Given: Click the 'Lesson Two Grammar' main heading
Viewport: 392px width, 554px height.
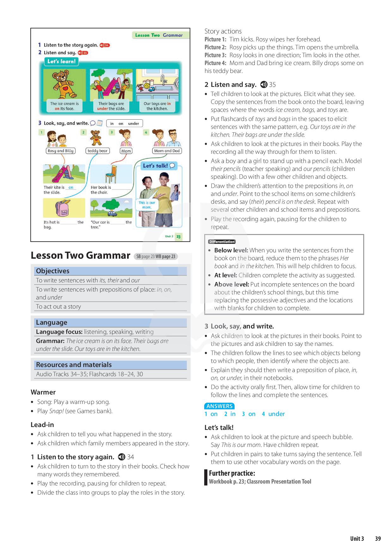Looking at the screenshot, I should (x=80, y=255).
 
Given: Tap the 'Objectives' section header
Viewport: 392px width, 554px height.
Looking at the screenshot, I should (x=52, y=271).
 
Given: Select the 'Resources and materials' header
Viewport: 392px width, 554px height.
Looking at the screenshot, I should (x=74, y=365).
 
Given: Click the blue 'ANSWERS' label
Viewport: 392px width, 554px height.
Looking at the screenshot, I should (x=219, y=406).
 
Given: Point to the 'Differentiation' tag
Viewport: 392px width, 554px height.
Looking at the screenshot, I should (x=222, y=242).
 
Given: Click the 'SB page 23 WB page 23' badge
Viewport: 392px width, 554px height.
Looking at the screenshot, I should (x=156, y=256).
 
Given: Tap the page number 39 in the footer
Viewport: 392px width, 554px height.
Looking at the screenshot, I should (x=378, y=539).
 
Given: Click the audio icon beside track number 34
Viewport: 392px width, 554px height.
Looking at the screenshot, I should (x=121, y=457).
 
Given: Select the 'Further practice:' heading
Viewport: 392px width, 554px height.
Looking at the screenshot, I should (x=232, y=473).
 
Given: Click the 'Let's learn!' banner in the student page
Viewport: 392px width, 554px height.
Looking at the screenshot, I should (x=61, y=62).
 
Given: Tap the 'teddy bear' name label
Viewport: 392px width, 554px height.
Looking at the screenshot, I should (x=97, y=151).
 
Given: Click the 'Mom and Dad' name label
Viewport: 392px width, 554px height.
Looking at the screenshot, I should (x=167, y=151).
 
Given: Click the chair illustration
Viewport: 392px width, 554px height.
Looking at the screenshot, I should (x=111, y=174).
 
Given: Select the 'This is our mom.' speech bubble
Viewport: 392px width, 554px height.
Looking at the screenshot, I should (x=147, y=205).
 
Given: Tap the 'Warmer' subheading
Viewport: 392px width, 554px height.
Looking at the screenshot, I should (x=43, y=392).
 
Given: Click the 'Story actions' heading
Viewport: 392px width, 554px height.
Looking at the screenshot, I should (x=223, y=31).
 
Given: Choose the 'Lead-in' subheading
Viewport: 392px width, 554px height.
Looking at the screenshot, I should (x=42, y=425).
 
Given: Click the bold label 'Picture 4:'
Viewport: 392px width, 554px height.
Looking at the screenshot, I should (x=215, y=63).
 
